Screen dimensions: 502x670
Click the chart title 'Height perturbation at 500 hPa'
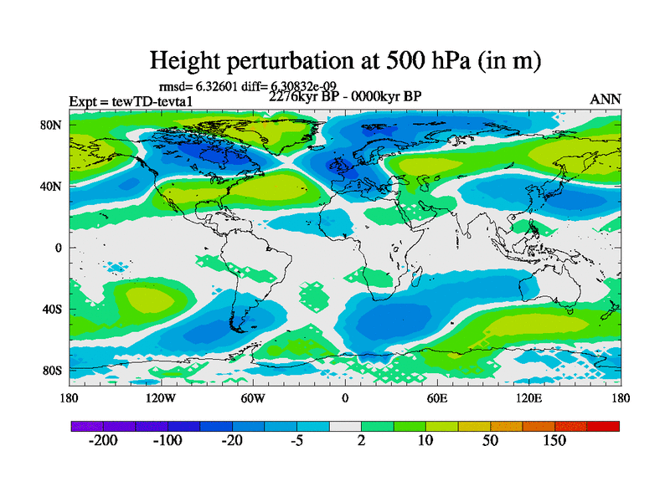click(x=344, y=60)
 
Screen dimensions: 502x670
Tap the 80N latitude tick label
click(x=53, y=125)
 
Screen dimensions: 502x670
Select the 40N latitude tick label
click(x=53, y=186)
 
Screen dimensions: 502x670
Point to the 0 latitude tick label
click(x=59, y=248)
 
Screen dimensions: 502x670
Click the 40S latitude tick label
click(x=53, y=310)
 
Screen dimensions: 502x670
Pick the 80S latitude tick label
click(x=53, y=371)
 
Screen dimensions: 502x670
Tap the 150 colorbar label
click(x=554, y=441)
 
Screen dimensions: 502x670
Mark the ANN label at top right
click(x=606, y=100)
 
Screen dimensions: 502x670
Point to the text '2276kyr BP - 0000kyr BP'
click(x=345, y=95)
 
